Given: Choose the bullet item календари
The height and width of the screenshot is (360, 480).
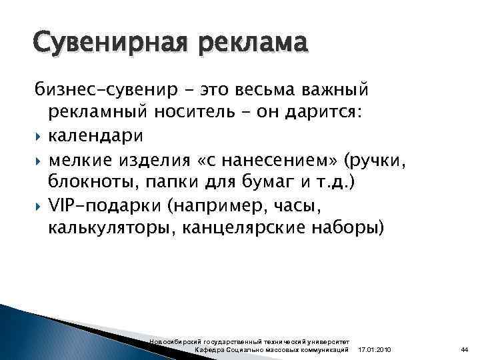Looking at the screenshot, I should coord(95,135).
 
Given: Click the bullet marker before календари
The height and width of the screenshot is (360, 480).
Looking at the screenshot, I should coord(39,135).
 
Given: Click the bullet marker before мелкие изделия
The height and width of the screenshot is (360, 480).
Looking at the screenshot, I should coord(39,159).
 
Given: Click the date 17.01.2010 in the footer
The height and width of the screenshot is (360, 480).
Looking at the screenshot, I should coord(375,350).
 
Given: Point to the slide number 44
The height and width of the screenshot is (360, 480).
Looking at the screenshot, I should coord(465,350).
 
